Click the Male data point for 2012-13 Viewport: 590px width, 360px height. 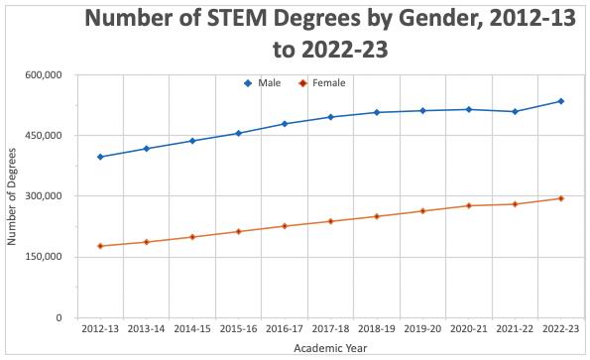point(100,157)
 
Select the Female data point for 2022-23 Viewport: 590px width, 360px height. point(561,198)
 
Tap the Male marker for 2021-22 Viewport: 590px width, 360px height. point(515,111)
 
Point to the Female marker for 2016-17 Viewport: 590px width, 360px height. point(285,226)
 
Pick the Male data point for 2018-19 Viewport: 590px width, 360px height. point(377,112)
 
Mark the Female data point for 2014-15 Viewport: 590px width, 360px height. point(192,237)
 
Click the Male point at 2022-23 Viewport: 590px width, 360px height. point(561,101)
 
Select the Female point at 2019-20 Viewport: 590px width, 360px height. point(422,211)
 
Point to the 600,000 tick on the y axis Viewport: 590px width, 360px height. point(44,74)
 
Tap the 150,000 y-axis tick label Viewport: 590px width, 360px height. point(44,257)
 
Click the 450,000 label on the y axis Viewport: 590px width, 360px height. point(44,136)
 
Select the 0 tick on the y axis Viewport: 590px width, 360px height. point(59,318)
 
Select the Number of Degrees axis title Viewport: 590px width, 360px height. point(13,196)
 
